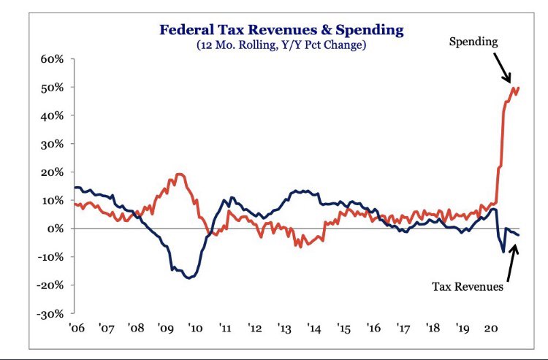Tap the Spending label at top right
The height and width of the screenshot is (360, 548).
point(473,42)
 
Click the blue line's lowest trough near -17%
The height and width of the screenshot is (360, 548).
point(190,277)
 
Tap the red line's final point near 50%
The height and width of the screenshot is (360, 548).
point(519,88)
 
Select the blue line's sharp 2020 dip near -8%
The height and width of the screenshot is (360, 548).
point(503,252)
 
